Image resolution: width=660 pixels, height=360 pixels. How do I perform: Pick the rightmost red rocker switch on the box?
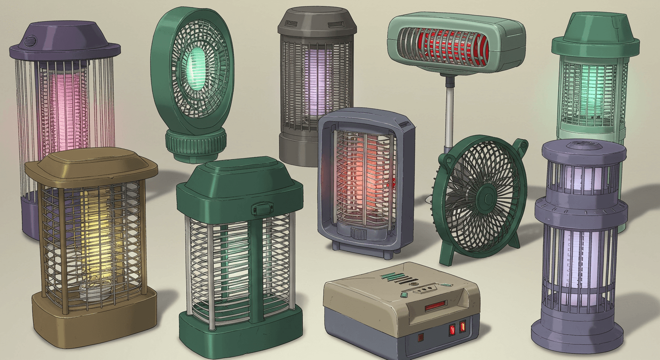[x=463, y=327]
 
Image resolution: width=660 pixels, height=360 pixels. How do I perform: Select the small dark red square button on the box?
[x=420, y=337]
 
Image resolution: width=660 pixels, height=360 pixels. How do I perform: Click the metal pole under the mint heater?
[x=449, y=112]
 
